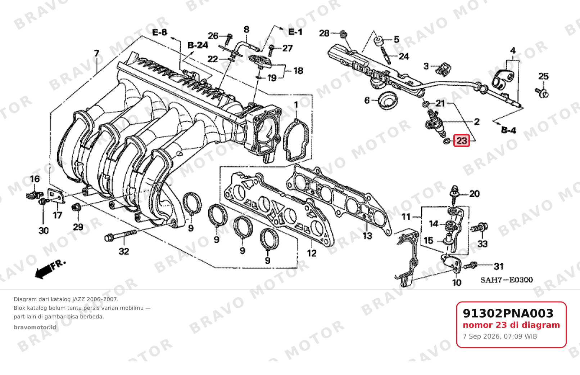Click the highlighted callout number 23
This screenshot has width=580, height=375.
coord(461,140)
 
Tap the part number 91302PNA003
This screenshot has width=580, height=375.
coord(508,313)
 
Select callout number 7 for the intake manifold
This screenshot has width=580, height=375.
coord(96,53)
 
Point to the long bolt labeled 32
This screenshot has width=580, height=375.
coord(121,234)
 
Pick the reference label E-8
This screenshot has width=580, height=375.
coord(160,32)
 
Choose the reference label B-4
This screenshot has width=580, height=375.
coord(508,130)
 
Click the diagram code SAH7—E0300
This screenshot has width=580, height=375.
coord(507,280)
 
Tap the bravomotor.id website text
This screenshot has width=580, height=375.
coord(35,327)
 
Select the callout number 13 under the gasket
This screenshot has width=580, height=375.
coord(367,236)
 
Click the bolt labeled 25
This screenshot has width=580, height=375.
coord(542,92)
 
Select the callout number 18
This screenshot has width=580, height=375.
coord(298,71)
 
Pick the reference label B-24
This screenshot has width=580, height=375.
coord(198,45)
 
